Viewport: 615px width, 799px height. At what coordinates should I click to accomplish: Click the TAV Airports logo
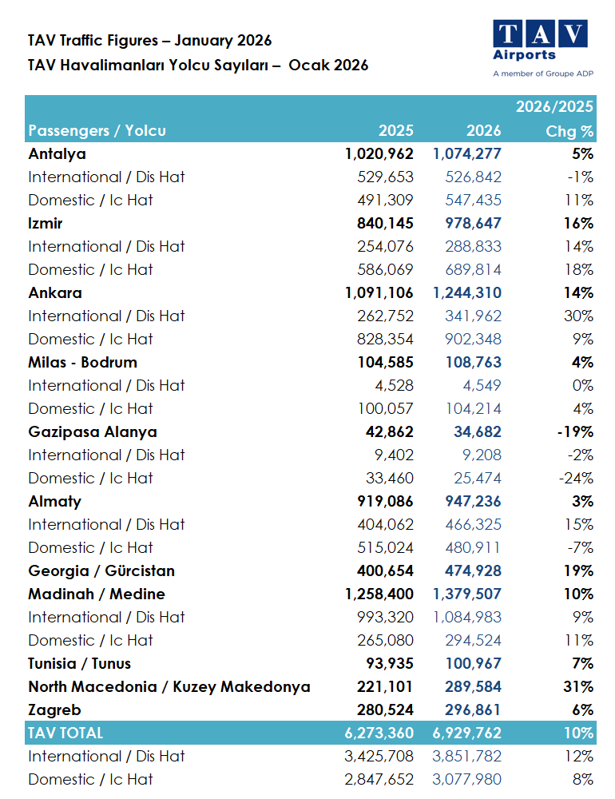pos(540,48)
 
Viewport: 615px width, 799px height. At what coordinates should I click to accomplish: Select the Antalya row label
pos(57,153)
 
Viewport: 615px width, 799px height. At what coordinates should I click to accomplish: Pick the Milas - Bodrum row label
pos(82,362)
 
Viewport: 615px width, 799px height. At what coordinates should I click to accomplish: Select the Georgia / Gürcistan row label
pos(101,570)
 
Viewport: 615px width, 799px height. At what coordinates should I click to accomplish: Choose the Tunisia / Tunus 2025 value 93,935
pos(387,663)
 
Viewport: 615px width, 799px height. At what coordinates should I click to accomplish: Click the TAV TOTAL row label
pos(65,733)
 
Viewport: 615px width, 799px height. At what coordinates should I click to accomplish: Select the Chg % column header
pos(569,131)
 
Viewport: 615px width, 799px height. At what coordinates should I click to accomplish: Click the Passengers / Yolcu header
pos(97,131)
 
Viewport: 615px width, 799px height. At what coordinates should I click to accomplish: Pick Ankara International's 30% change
pos(577,316)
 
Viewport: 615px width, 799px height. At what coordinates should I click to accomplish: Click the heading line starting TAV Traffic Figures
pos(149,40)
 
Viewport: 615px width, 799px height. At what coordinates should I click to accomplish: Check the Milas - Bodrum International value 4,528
pos(391,385)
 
